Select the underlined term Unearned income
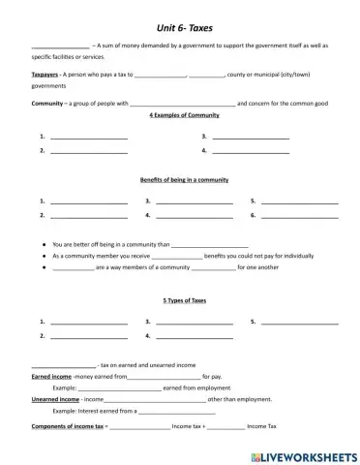click(55, 398)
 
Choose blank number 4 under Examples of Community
click(251, 151)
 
